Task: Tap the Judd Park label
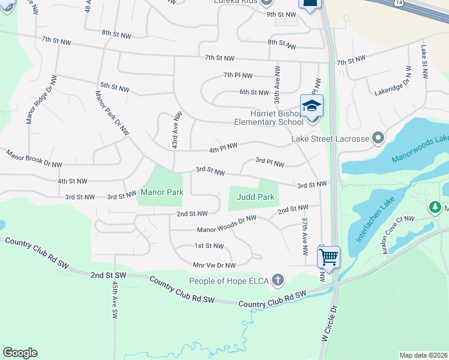(x=255, y=197)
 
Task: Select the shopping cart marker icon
(x=328, y=257)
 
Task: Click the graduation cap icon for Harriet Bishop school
(x=312, y=106)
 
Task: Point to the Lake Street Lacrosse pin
(x=378, y=139)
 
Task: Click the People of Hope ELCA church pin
(x=277, y=280)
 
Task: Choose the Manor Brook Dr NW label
(x=34, y=160)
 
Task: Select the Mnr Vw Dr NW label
(x=214, y=265)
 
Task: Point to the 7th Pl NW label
(x=238, y=76)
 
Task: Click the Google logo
(x=20, y=353)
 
